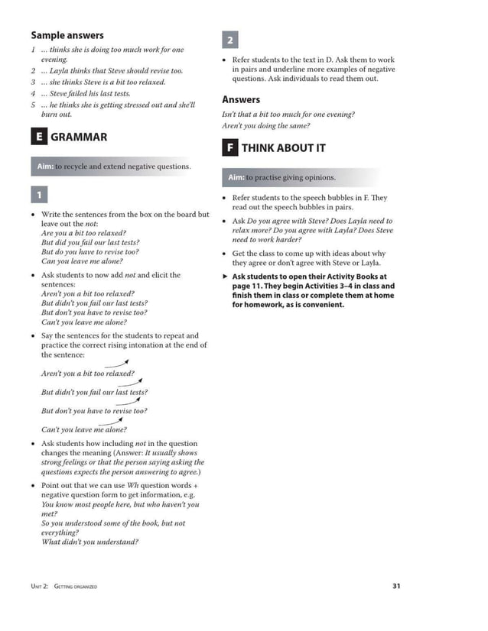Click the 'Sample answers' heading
coord(67,35)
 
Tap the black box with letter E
coord(37,138)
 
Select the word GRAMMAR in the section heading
coord(79,138)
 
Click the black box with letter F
coord(229,148)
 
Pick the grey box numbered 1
coord(39,194)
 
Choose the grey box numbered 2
coord(230,40)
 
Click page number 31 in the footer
coord(395,586)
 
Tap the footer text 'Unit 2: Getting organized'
coord(63,587)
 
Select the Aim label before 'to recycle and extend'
coord(45,167)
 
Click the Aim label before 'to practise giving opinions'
coord(236,178)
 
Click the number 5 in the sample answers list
coord(34,105)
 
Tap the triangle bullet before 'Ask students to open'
coord(225,277)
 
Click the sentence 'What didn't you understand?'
coord(89,542)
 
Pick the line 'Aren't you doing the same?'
coord(265,126)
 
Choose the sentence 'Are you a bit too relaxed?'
coord(84,233)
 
